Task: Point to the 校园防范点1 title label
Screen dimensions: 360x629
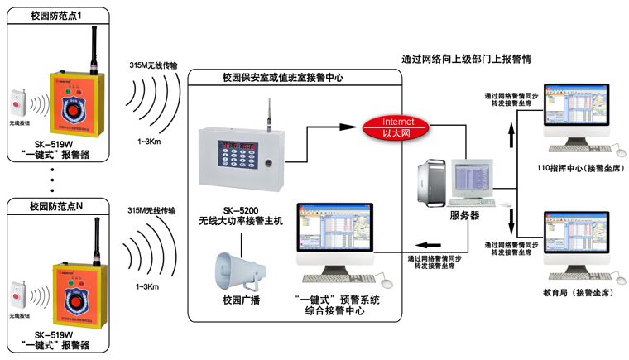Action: point(57,15)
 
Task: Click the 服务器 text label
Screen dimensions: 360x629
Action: point(464,214)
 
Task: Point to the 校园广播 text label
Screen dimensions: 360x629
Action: point(242,299)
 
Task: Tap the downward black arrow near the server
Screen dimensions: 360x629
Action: point(510,219)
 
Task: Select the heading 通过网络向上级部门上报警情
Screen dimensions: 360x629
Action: point(466,60)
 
